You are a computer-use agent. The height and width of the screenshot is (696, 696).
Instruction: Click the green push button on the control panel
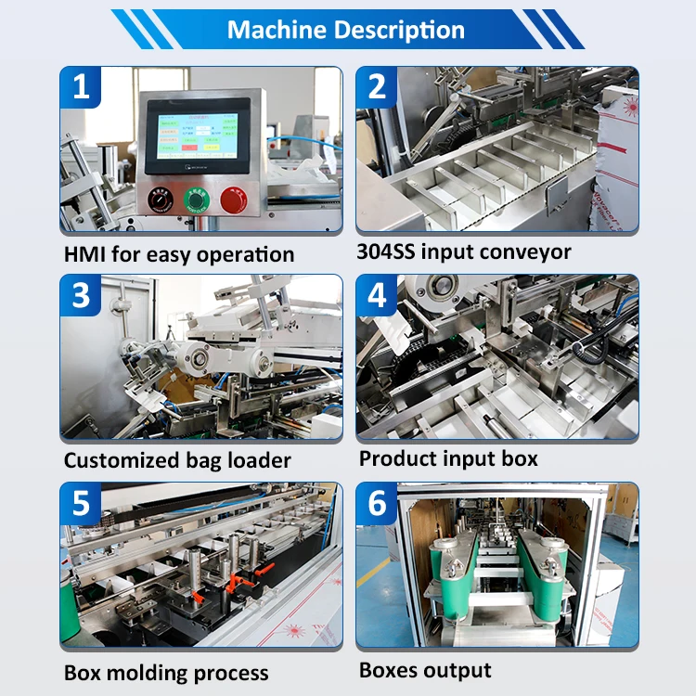click(x=196, y=198)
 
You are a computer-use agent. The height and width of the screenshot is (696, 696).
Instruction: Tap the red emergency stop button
click(x=233, y=198)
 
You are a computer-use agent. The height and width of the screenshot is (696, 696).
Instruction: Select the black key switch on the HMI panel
click(x=159, y=198)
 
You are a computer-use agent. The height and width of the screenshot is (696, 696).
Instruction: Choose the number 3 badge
click(x=82, y=295)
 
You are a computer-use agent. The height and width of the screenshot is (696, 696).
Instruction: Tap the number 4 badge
click(x=377, y=295)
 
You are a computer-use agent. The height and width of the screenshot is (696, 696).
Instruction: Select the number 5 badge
click(x=82, y=503)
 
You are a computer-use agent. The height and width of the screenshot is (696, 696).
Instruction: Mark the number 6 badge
click(x=377, y=503)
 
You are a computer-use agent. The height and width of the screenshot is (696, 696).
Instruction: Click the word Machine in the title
click(x=275, y=30)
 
